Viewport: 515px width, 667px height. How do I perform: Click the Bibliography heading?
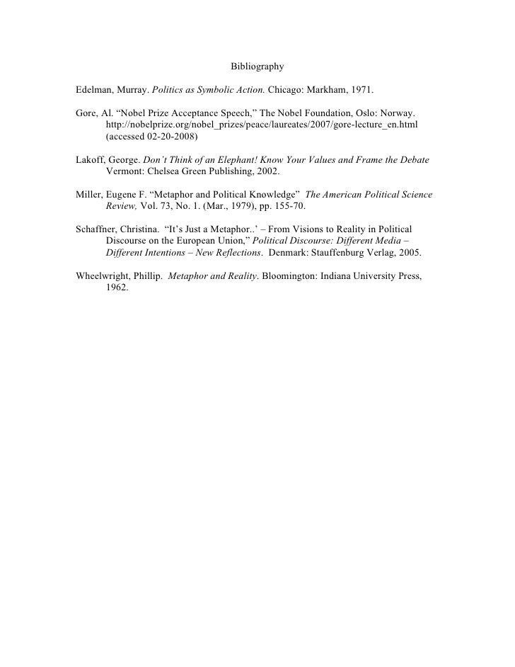(x=257, y=67)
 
